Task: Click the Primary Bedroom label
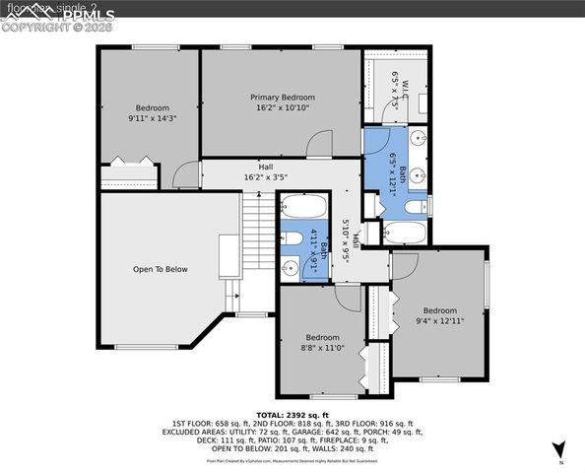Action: coord(282,98)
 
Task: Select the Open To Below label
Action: coord(160,269)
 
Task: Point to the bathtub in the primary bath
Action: coord(405,233)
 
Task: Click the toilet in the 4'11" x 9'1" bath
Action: coord(292,238)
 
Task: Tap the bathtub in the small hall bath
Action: coord(303,207)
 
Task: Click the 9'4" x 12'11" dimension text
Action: coord(440,320)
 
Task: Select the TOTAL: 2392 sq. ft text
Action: coord(292,415)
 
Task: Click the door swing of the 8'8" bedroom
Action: coord(345,299)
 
